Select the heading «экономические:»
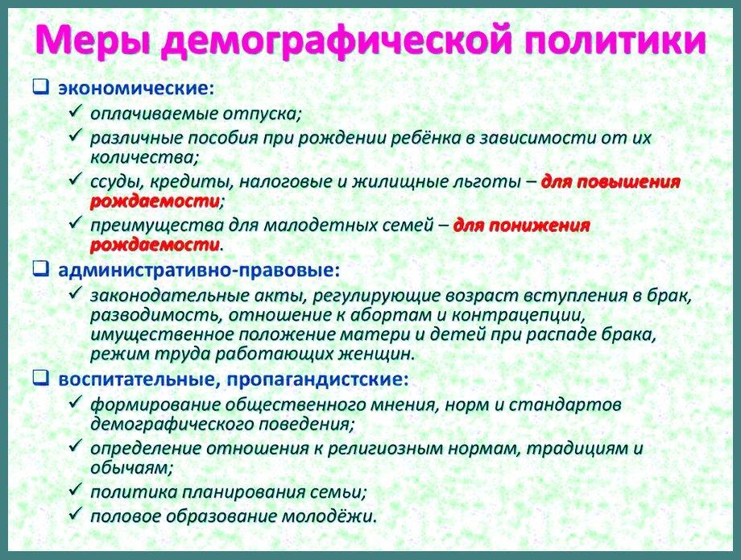coord(136,88)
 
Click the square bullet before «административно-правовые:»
coord(40,269)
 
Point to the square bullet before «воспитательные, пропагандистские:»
coord(40,378)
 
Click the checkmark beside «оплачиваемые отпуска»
coord(76,111)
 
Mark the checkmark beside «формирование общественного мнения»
coord(76,403)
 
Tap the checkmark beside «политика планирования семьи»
coord(76,490)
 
